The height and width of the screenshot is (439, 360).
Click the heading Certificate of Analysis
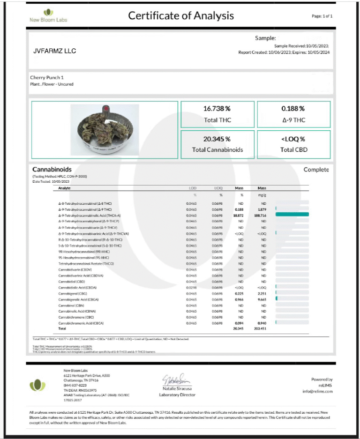(x=181, y=15)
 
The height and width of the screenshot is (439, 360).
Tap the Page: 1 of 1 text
(x=322, y=16)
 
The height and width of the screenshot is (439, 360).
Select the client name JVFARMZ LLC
(x=55, y=51)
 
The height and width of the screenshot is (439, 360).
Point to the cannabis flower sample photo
(x=105, y=130)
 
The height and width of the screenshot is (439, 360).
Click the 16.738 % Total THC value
(x=217, y=108)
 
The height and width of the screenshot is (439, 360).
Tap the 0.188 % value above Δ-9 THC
(x=293, y=108)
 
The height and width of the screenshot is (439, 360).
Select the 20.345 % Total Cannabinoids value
(x=217, y=139)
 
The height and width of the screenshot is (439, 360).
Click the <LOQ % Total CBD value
(x=293, y=139)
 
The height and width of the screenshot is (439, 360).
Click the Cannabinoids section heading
(x=52, y=169)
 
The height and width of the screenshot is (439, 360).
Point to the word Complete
(x=316, y=170)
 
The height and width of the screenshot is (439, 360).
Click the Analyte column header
(x=65, y=188)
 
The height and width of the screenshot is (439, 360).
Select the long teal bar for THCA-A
(x=292, y=214)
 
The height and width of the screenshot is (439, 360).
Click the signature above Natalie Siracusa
(x=176, y=380)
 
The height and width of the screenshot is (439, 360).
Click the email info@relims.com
(x=317, y=391)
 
